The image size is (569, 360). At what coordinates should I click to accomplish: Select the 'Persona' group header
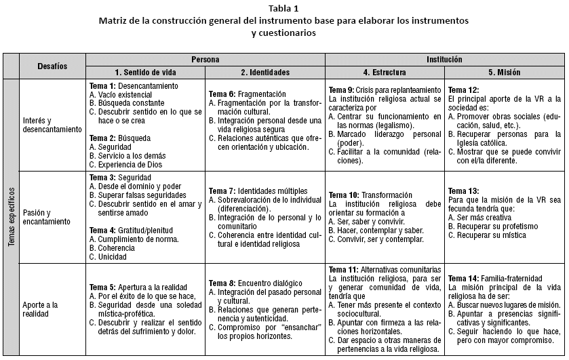click(205, 60)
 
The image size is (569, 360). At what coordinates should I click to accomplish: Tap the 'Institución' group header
click(445, 60)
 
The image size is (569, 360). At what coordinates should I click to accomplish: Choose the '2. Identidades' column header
click(265, 72)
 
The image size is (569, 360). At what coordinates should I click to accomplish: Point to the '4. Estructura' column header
click(385, 72)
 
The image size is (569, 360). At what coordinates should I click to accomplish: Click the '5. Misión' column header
click(505, 72)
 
